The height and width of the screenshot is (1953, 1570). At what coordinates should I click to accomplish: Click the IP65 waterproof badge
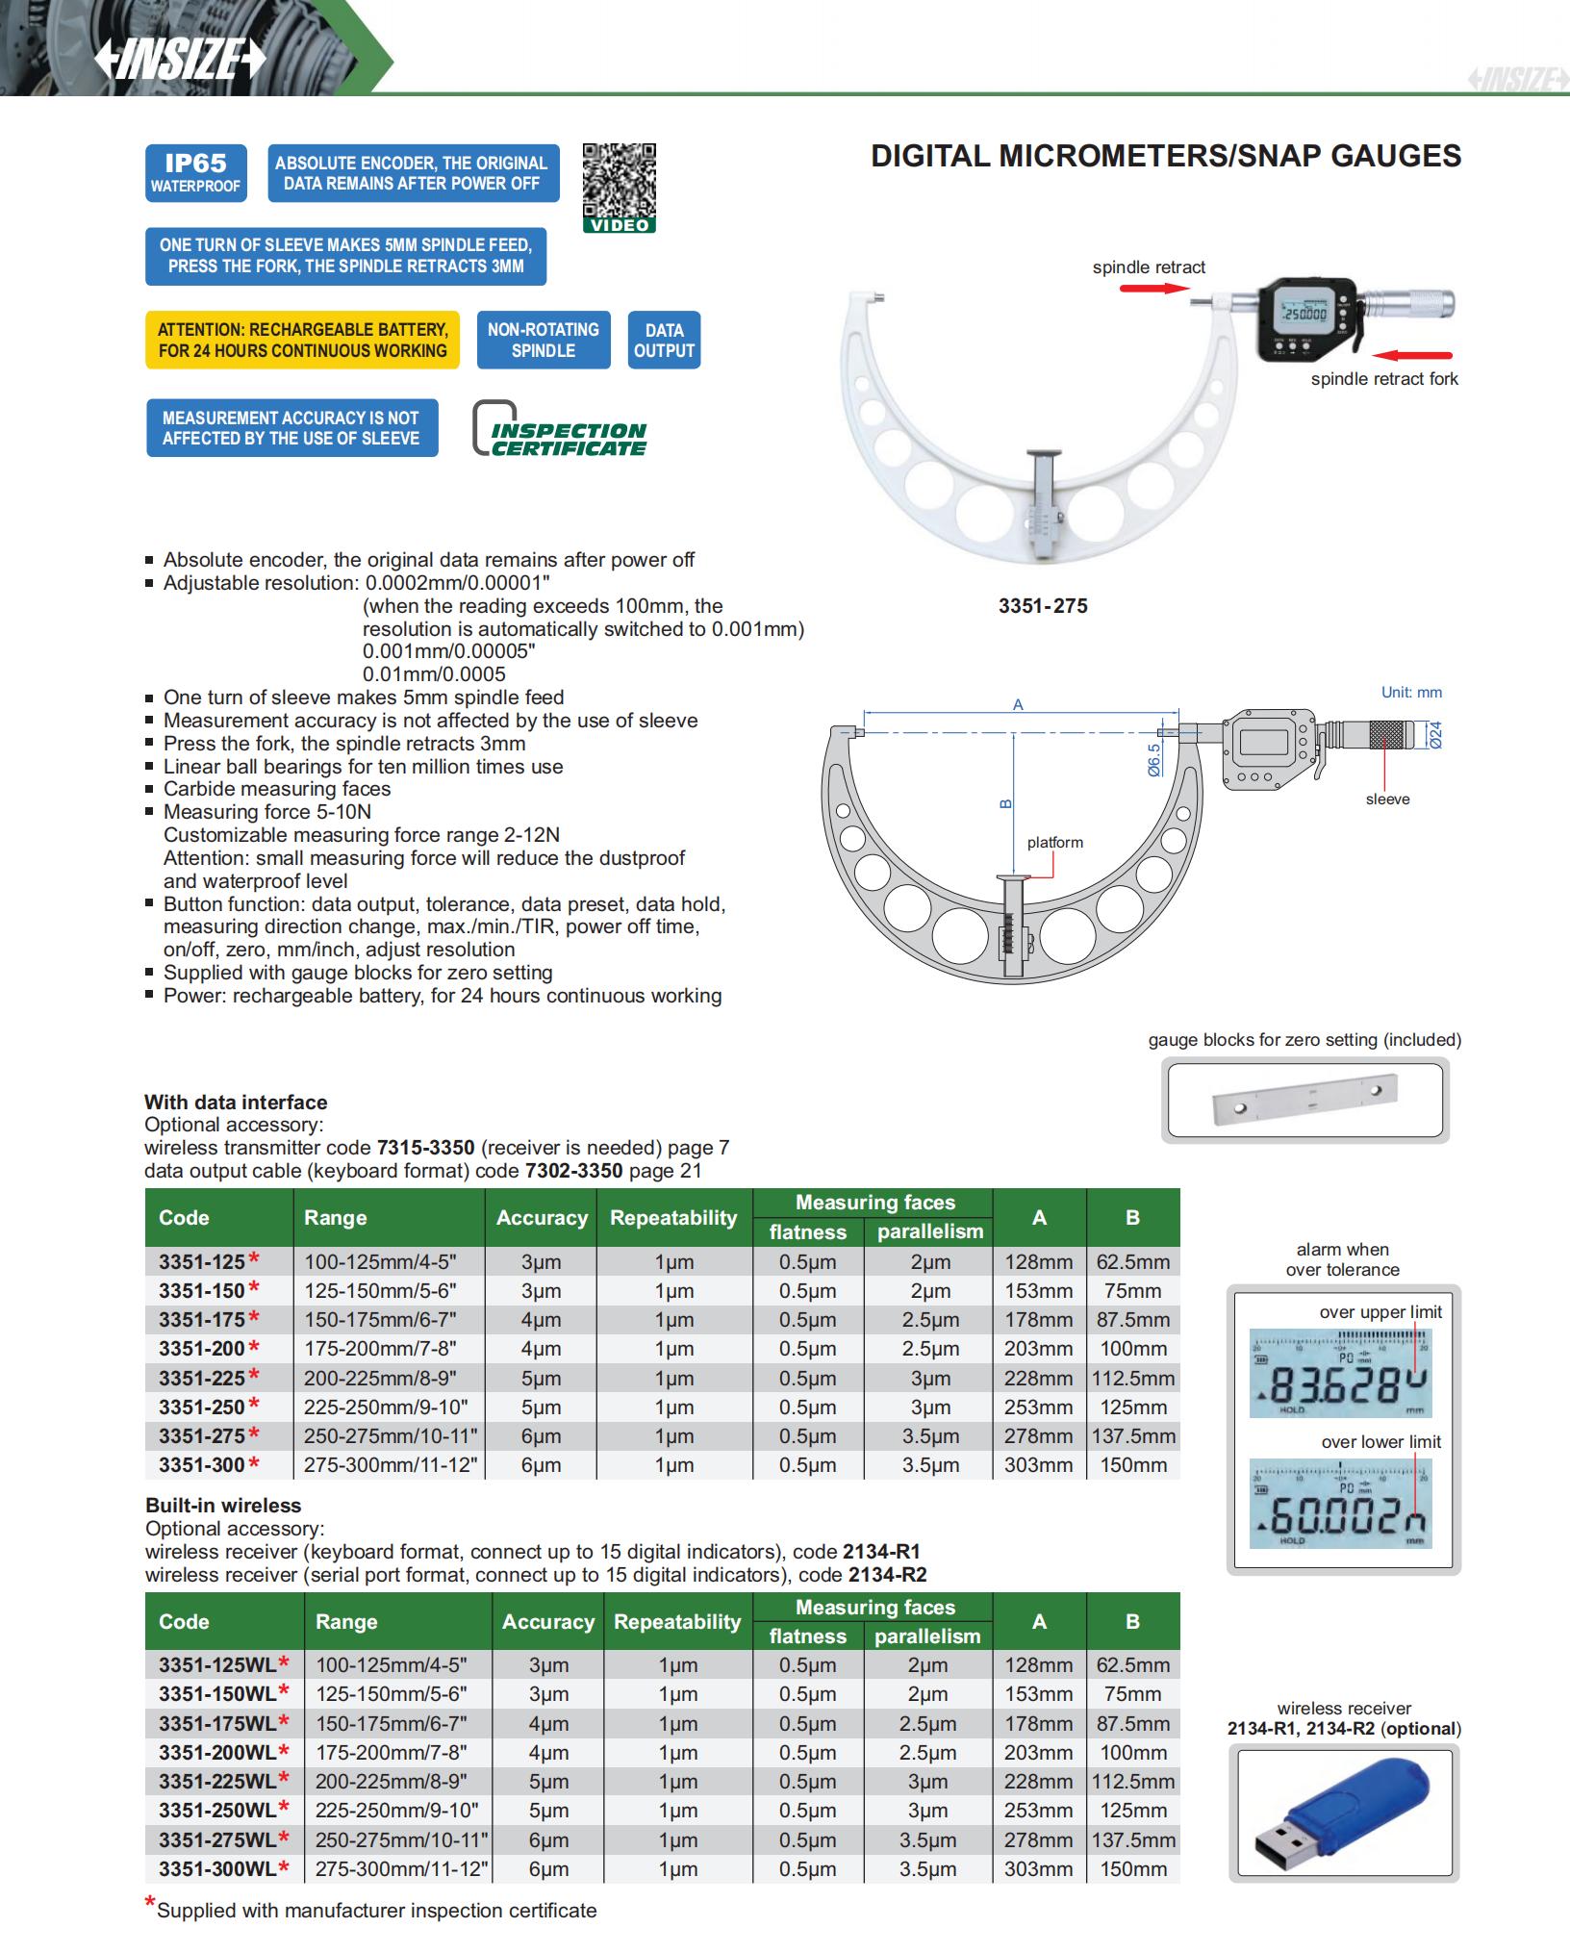click(195, 173)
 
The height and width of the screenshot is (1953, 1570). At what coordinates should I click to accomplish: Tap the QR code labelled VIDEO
click(619, 183)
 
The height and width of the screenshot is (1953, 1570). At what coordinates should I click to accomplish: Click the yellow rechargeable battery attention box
click(302, 340)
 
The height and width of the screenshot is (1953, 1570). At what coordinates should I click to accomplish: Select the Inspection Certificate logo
click(560, 428)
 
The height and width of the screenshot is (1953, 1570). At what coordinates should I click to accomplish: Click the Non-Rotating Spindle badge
click(543, 340)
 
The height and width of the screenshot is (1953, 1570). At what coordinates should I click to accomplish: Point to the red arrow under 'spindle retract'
click(1147, 286)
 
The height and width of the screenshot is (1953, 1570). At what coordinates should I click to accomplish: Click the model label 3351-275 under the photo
click(1043, 606)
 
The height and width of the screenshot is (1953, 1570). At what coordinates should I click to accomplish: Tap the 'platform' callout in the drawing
click(1054, 843)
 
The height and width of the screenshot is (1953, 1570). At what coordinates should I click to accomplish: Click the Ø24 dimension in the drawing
click(1434, 735)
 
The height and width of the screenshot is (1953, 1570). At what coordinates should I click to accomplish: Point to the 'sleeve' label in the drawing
click(1387, 799)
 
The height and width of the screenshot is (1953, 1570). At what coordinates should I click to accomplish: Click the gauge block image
click(1305, 1100)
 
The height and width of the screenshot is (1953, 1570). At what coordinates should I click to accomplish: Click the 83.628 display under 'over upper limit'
click(1340, 1373)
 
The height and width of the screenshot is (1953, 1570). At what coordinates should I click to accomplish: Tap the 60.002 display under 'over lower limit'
click(1340, 1504)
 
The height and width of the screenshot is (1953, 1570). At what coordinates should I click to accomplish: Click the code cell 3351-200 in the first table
click(201, 1349)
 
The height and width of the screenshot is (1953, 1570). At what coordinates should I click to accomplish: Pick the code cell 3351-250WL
click(217, 1810)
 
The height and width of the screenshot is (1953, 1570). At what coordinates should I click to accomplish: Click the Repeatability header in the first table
click(673, 1217)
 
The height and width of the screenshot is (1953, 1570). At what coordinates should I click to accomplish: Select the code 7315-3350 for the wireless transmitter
click(425, 1148)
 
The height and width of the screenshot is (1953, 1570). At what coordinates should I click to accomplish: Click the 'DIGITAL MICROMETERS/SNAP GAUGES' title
click(1165, 156)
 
